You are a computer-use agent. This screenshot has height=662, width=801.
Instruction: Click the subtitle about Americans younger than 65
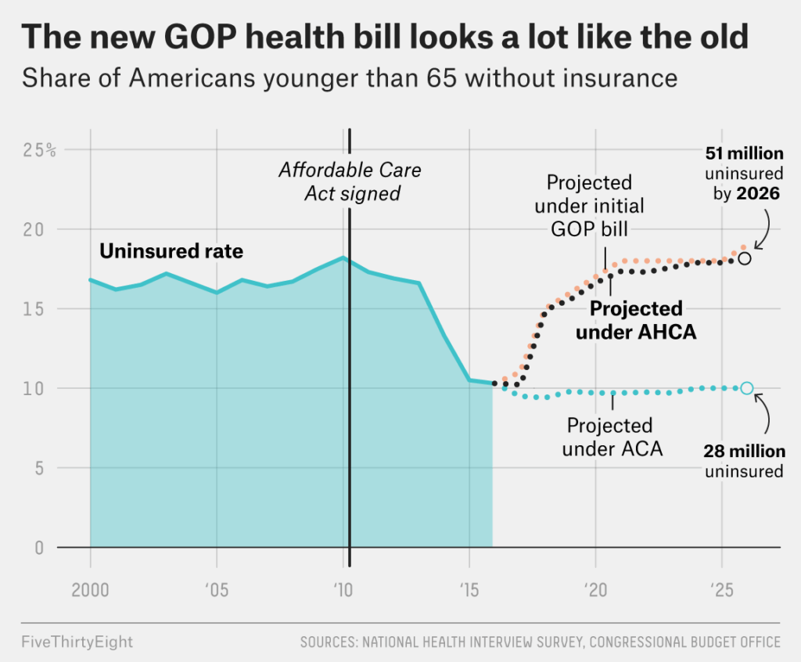(349, 78)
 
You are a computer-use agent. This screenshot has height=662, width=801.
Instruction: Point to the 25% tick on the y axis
(38, 150)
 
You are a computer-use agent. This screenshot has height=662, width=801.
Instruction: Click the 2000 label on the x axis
(90, 589)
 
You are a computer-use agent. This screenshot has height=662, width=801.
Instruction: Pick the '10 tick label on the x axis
(341, 589)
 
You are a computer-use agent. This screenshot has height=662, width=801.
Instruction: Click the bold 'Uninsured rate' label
(171, 252)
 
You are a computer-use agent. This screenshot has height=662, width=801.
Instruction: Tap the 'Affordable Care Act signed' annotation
(351, 182)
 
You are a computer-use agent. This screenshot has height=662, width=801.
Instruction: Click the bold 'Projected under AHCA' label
(636, 320)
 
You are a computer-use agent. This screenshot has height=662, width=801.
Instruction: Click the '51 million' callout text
(744, 154)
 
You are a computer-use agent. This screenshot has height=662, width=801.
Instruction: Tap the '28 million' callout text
(744, 452)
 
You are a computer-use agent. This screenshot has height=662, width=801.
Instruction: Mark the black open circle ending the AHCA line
(745, 257)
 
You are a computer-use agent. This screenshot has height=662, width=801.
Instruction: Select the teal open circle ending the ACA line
(747, 388)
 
